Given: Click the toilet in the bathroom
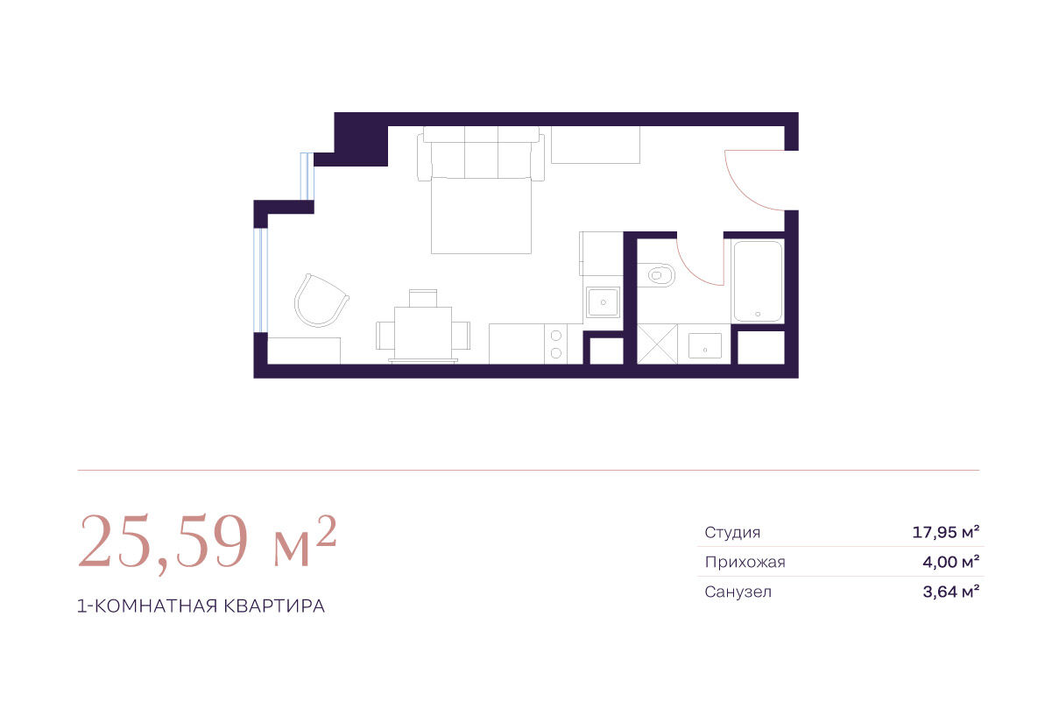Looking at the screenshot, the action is tap(657, 275).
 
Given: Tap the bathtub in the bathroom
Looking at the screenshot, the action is tap(758, 281).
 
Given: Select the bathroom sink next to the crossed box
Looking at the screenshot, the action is tap(704, 346).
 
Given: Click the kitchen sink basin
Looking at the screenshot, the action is tap(603, 302).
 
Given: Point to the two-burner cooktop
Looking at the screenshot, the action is tap(556, 344).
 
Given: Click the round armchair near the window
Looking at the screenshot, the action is tap(321, 301).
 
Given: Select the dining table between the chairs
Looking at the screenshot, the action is tap(423, 334).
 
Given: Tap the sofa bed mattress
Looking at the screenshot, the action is tap(482, 216).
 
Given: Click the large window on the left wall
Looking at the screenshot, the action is tap(261, 280).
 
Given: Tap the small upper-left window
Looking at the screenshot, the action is tap(307, 176).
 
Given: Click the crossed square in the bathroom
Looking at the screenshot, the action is tap(657, 344).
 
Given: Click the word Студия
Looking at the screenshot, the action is tap(732, 532).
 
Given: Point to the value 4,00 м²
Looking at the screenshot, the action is tap(950, 562).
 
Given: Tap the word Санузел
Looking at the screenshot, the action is tap(738, 592).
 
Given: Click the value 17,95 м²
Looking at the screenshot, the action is tap(946, 532).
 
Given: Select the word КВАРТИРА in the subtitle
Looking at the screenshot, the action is tap(274, 606).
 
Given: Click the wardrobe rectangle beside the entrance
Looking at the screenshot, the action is tap(596, 145).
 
